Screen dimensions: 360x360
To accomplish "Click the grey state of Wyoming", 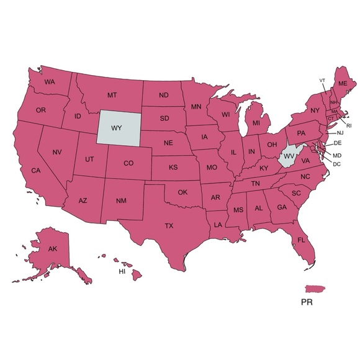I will [117, 127].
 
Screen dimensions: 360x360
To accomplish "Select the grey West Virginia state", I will [288, 156].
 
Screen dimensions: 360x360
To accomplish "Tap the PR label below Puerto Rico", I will [306, 304].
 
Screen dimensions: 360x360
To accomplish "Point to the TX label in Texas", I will [169, 226].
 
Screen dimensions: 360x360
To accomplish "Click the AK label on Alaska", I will [53, 250].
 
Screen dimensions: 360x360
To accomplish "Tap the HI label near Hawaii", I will [122, 272].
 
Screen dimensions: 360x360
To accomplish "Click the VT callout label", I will [322, 81].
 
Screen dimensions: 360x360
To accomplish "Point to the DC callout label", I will [337, 164].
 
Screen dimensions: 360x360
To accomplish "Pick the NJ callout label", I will [340, 133].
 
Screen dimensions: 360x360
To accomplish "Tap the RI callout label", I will [349, 125].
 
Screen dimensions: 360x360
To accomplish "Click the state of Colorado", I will [128, 163].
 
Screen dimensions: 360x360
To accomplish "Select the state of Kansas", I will [174, 168].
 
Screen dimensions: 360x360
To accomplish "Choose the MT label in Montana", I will [112, 95].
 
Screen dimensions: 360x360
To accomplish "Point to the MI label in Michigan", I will [256, 124].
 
